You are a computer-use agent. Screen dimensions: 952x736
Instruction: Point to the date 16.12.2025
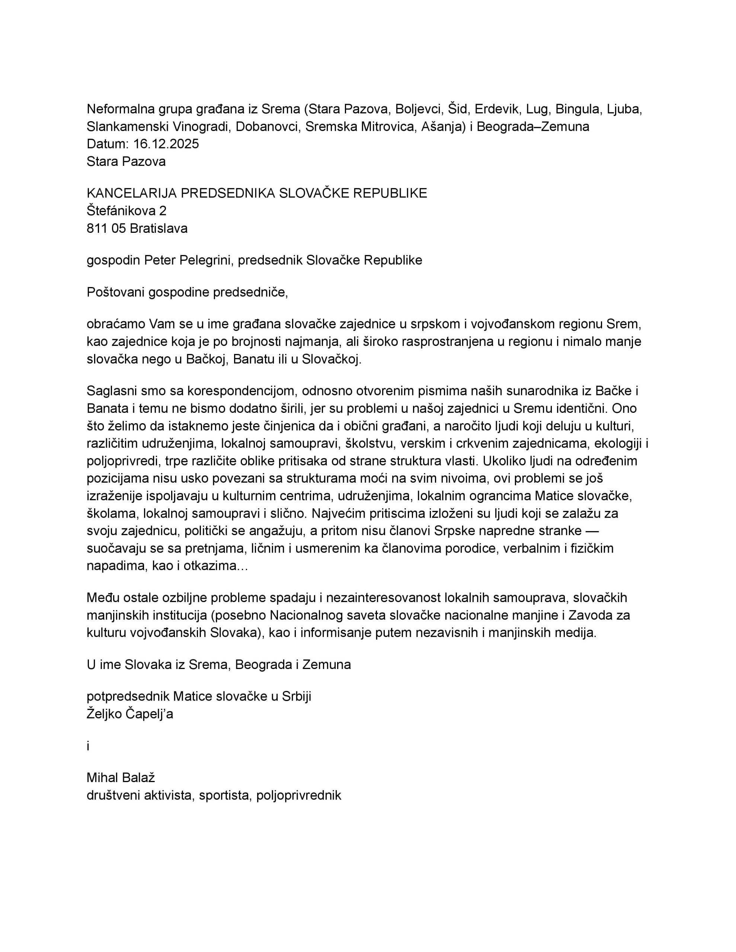(166, 144)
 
